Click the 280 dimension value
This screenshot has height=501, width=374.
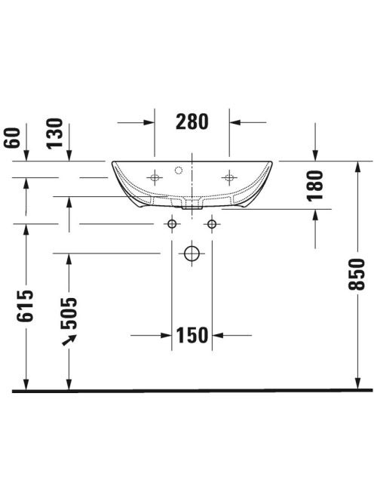click(x=192, y=121)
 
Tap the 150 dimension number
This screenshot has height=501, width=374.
click(x=192, y=335)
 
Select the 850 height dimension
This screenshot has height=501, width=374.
click(x=357, y=274)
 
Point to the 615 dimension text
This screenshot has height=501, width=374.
click(x=25, y=306)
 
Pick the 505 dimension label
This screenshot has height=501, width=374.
click(x=69, y=313)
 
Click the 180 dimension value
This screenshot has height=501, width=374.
click(x=315, y=186)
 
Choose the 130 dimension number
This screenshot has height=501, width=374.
click(x=54, y=134)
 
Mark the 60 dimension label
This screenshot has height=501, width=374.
click(x=12, y=138)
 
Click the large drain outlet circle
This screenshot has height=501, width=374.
click(x=192, y=254)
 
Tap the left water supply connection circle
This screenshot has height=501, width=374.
click(x=172, y=224)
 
